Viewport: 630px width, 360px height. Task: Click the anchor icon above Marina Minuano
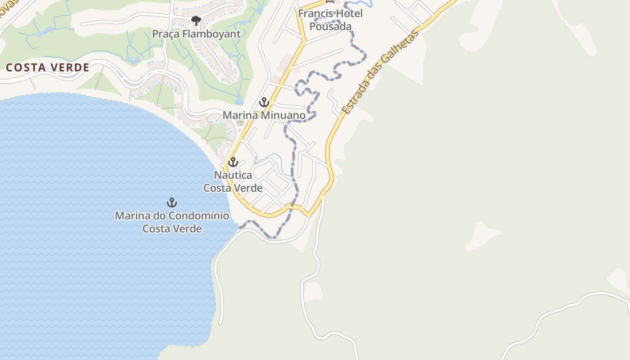click(264, 102)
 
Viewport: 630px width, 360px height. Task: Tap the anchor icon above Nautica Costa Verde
click(233, 162)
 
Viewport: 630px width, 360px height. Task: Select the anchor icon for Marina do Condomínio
click(171, 202)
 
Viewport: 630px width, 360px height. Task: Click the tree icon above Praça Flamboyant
click(196, 20)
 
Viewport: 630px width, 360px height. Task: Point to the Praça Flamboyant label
click(196, 34)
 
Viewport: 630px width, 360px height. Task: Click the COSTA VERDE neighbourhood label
click(47, 67)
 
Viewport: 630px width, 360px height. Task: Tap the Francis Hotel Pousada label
click(330, 20)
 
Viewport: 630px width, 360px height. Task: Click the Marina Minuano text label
click(264, 115)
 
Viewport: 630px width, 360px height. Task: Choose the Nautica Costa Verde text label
click(233, 181)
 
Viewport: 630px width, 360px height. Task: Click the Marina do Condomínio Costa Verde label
click(172, 222)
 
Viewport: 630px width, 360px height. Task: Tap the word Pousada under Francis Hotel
click(330, 26)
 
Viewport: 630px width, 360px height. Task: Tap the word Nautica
click(233, 175)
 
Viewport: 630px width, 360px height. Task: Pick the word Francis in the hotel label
click(314, 13)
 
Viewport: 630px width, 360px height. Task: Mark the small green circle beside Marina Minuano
click(240, 122)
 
